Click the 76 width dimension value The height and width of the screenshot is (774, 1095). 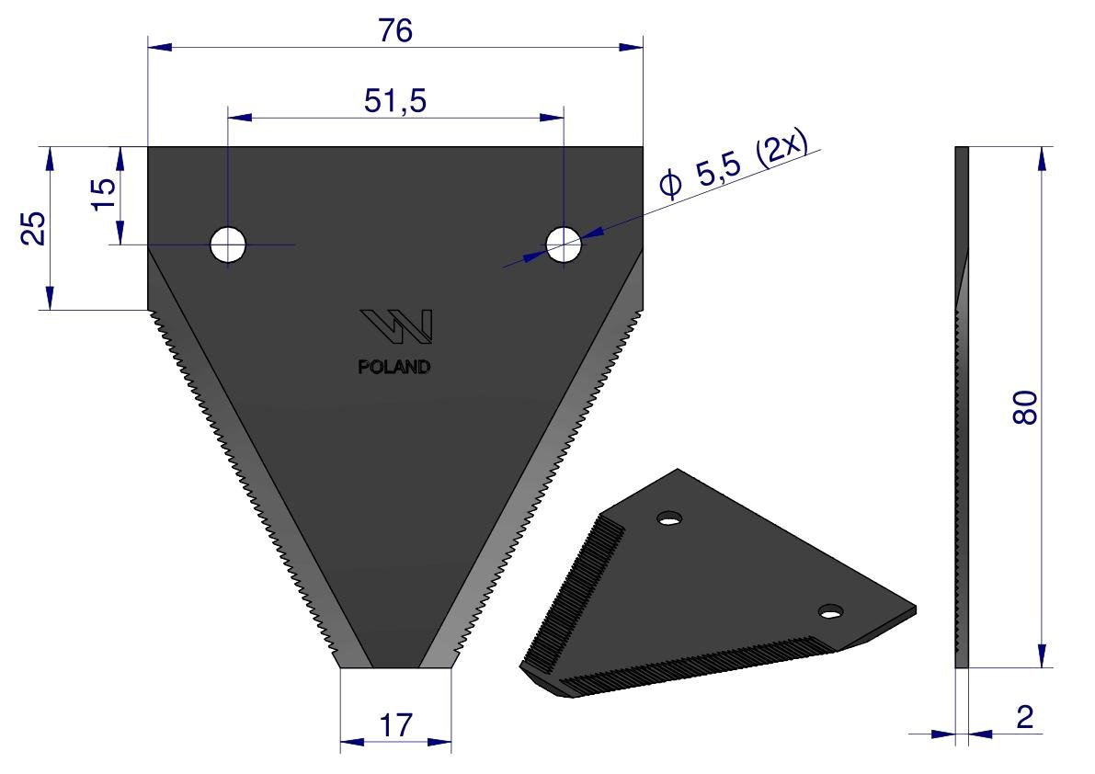click(395, 30)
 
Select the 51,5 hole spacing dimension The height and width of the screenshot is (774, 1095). click(395, 101)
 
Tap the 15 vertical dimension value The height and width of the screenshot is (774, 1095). click(104, 193)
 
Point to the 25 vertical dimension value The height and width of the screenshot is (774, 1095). click(33, 228)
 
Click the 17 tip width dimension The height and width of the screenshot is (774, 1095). click(396, 725)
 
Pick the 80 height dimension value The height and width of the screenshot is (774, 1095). click(1025, 407)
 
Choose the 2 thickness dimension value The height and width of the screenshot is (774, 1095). click(1024, 717)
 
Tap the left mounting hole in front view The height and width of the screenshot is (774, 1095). click(228, 245)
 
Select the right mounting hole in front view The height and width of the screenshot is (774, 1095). click(564, 245)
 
